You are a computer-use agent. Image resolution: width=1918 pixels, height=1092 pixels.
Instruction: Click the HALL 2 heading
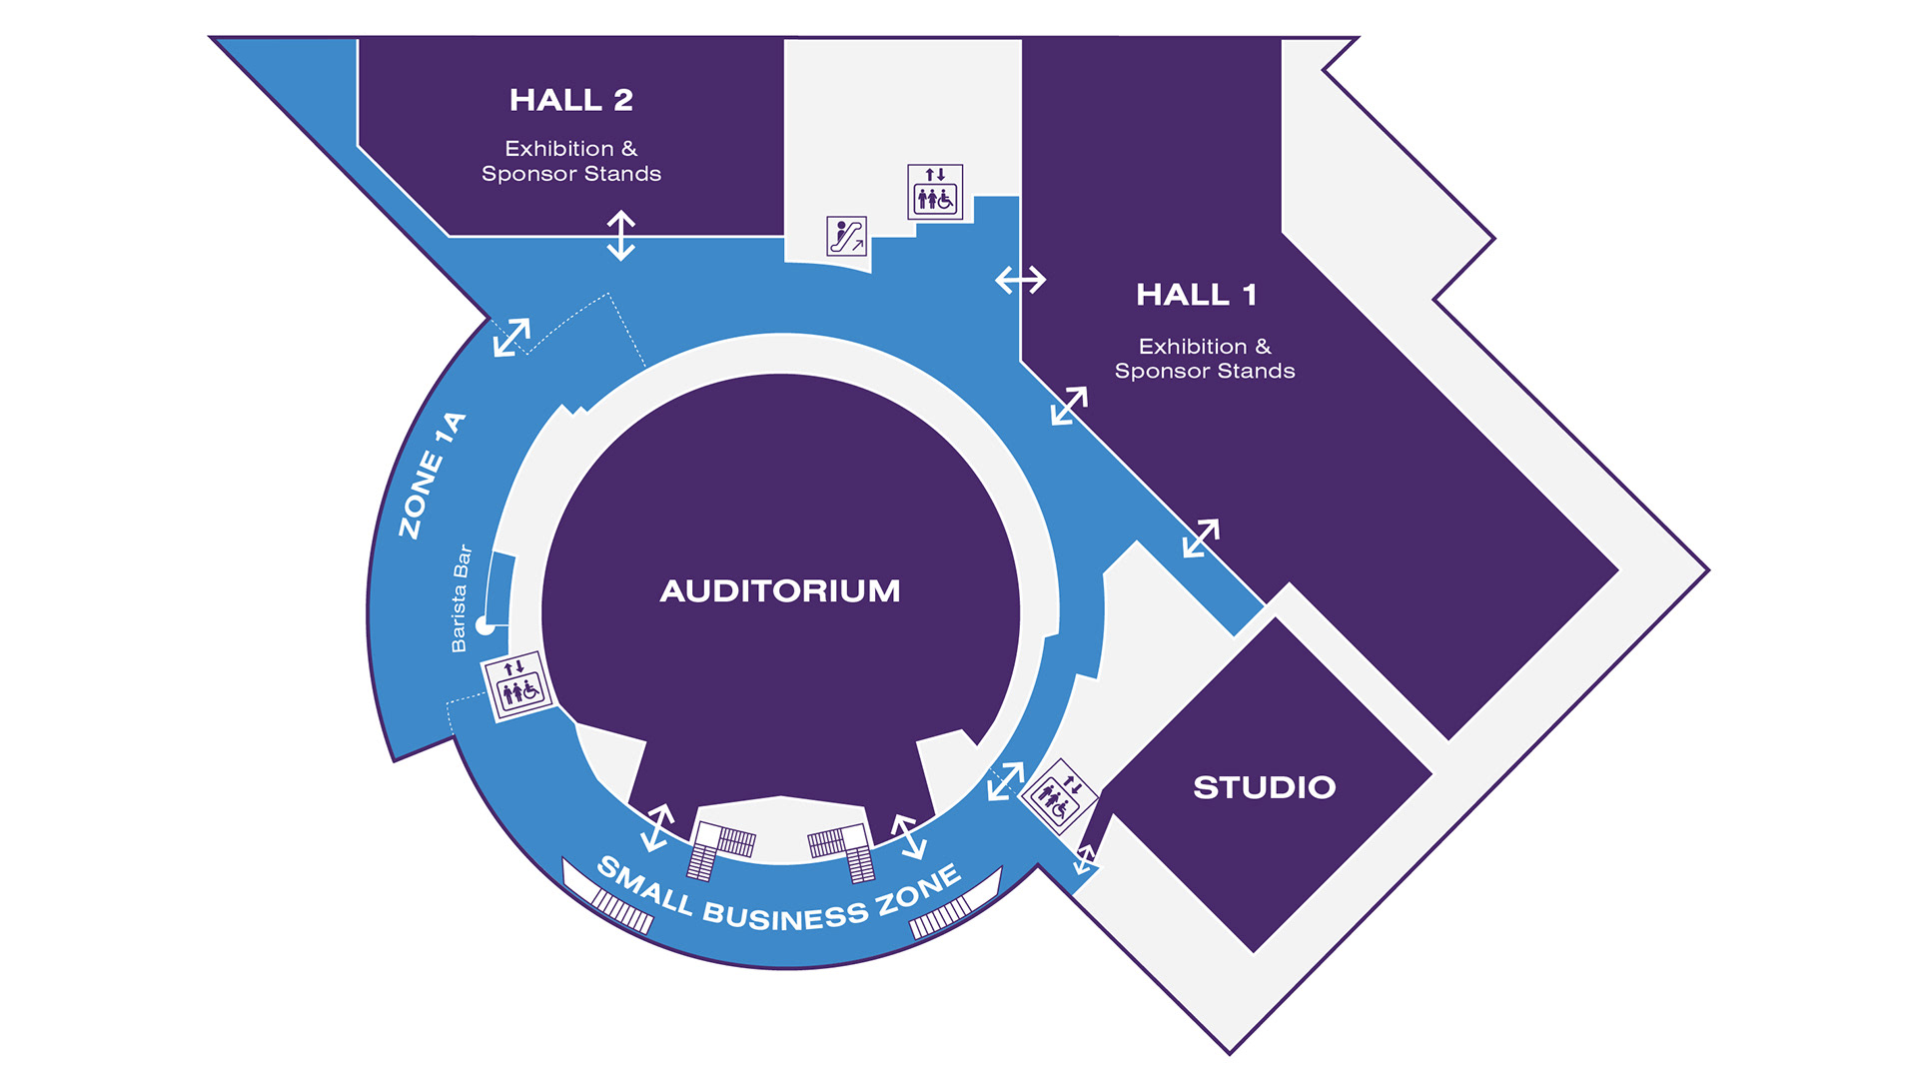tap(570, 100)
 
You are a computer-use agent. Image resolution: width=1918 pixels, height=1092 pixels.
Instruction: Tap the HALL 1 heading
tap(1196, 295)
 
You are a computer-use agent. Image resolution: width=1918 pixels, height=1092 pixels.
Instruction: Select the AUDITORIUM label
tap(779, 590)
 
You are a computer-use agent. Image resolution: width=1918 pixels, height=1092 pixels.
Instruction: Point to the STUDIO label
tap(1264, 787)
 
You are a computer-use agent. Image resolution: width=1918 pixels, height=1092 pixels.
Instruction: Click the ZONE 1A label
tap(432, 476)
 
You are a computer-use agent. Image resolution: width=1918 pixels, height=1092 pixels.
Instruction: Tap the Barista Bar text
tap(460, 598)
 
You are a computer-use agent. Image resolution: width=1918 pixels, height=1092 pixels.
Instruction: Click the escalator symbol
tap(846, 236)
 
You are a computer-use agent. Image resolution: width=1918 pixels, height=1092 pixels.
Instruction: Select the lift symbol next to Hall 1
tap(935, 191)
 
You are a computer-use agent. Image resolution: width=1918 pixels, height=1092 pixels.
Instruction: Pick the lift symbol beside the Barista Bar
tap(517, 685)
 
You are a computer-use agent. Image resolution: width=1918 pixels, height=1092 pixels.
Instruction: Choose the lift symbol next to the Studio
tap(1058, 796)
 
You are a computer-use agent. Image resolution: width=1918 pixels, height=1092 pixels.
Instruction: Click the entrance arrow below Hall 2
tap(621, 236)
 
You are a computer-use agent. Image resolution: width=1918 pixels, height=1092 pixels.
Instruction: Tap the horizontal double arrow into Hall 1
tap(1020, 280)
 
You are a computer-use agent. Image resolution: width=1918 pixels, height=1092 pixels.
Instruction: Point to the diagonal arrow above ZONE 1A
tap(511, 337)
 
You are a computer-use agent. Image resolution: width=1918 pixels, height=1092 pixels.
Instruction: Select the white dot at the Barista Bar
tap(485, 625)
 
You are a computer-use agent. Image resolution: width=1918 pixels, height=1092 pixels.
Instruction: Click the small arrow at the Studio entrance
tap(1085, 859)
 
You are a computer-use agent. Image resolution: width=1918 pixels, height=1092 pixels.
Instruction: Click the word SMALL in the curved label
tap(644, 884)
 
